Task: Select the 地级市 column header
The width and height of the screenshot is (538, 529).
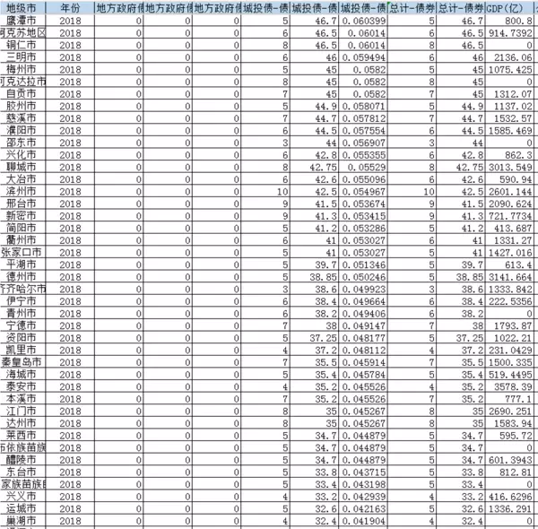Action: coord(21,5)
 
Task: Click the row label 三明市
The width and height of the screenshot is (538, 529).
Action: coord(21,55)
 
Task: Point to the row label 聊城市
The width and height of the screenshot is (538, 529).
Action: coord(21,167)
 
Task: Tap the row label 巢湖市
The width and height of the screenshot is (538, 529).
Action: coord(21,520)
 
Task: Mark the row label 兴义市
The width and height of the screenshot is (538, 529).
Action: coord(21,495)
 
